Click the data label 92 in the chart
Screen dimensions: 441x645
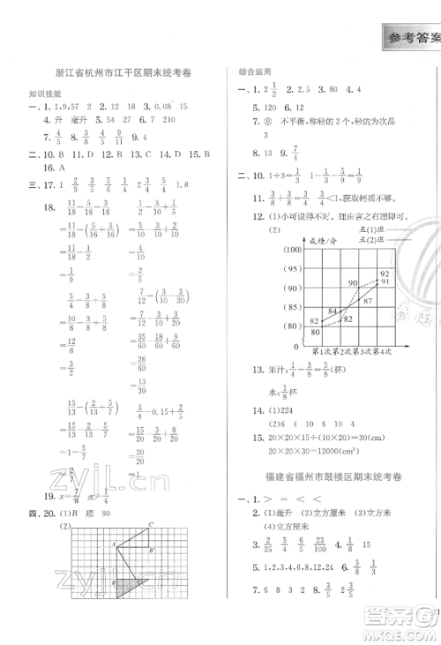[385, 274]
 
